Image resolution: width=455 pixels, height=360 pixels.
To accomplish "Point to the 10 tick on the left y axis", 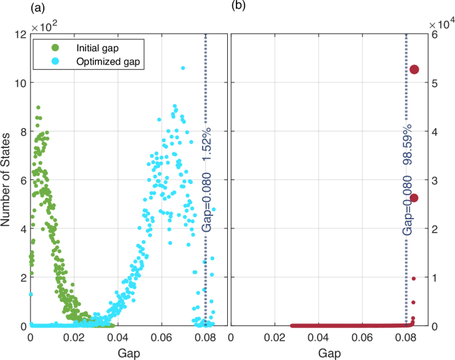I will click(19, 83).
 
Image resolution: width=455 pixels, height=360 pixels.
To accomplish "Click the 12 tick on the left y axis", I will click(19, 35).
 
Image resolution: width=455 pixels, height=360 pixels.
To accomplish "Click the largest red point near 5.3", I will click(414, 70).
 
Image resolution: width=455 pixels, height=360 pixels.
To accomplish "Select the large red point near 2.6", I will click(414, 198).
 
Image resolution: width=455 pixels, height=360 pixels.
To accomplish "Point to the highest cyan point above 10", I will click(183, 68).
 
